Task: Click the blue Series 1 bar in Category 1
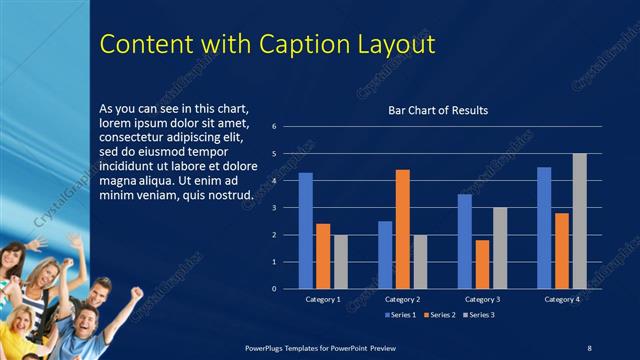click(x=306, y=231)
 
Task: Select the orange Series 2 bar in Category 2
click(x=402, y=229)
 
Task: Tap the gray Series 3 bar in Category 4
click(x=579, y=221)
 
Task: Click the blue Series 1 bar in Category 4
click(x=544, y=228)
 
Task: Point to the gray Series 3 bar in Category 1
click(x=339, y=262)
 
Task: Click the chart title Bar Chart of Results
click(x=438, y=110)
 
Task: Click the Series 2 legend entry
click(x=440, y=315)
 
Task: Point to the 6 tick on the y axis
click(x=288, y=127)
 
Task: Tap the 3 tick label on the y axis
click(x=288, y=208)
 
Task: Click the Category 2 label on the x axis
click(x=402, y=299)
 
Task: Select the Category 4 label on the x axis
click(x=561, y=299)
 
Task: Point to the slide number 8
click(x=589, y=347)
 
